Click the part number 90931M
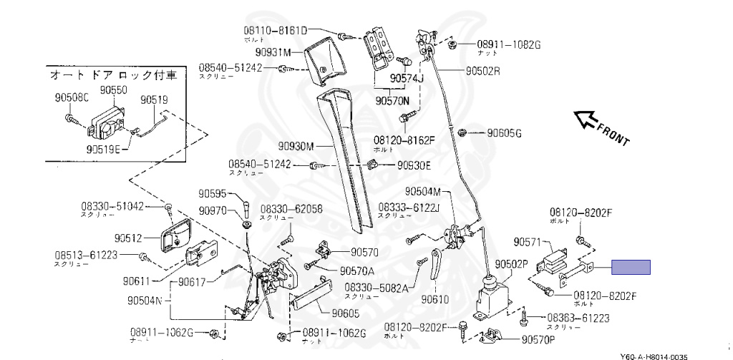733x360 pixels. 276,52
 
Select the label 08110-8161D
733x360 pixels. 273,31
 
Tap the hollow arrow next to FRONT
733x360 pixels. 588,120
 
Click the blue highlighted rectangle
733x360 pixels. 630,268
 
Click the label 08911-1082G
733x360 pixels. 508,44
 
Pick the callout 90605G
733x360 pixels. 505,133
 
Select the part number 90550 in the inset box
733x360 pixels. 113,90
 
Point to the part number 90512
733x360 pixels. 129,237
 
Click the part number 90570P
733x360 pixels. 543,339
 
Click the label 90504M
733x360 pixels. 428,191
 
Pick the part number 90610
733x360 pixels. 435,299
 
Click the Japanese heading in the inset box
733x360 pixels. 114,74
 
